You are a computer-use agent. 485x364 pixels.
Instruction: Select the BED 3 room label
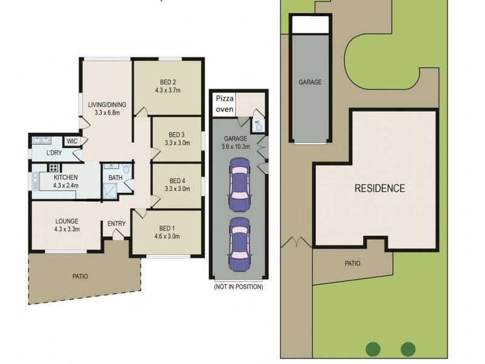click(x=176, y=135)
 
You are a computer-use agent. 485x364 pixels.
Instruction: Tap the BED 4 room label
click(x=176, y=180)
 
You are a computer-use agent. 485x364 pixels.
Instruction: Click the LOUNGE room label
click(x=67, y=221)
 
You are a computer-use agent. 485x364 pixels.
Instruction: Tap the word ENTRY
click(x=116, y=224)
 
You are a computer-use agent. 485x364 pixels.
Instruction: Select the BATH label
click(x=115, y=178)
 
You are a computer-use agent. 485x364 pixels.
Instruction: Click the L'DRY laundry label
click(x=55, y=153)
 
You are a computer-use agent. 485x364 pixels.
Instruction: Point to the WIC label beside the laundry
click(x=72, y=141)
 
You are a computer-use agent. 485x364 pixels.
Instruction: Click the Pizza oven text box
click(x=224, y=103)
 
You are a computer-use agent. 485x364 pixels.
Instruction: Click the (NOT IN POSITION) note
click(x=238, y=286)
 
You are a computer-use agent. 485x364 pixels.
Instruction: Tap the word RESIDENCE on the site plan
click(x=380, y=188)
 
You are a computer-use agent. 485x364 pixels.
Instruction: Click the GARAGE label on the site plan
click(x=310, y=82)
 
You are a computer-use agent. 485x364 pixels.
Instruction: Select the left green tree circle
click(x=373, y=349)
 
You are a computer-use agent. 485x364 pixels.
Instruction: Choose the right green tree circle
click(x=408, y=349)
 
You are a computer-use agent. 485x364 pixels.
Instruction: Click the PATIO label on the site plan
click(x=352, y=263)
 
